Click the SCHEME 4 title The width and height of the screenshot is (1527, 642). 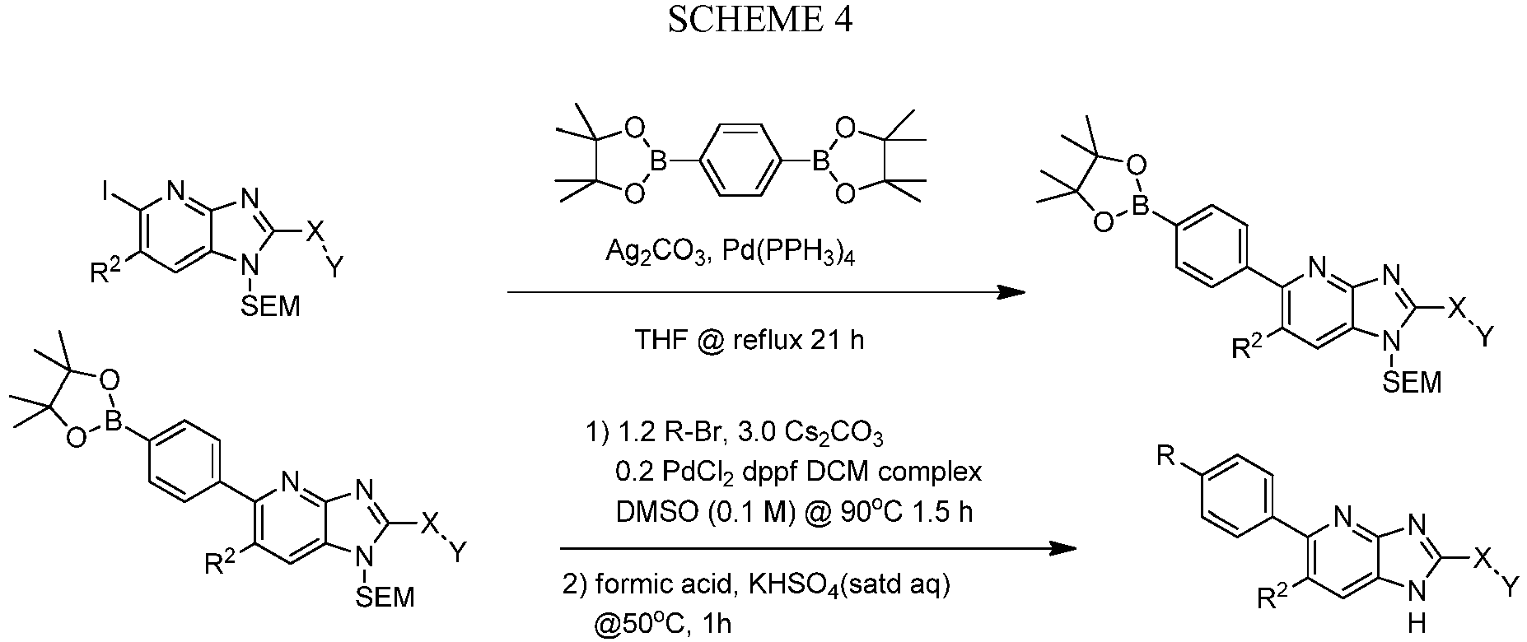click(x=759, y=20)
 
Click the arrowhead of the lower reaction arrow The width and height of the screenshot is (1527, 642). click(x=1063, y=549)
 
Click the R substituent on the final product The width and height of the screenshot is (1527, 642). click(x=1165, y=456)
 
